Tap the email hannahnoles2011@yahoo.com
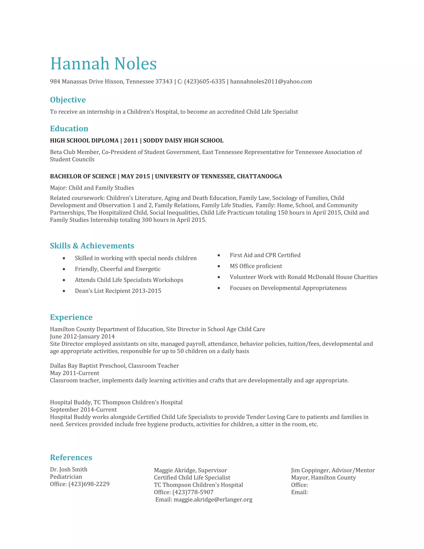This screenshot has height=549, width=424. pos(271,81)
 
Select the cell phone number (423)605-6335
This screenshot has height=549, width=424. pos(205,81)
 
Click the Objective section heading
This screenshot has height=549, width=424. pos(68,100)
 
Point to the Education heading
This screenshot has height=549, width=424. pos(69,128)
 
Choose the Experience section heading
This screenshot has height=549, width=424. pos(71,317)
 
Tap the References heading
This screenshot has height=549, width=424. pos(71,457)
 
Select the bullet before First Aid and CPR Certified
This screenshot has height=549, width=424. pos(219,255)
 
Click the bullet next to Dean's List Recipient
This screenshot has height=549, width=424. pos(64,291)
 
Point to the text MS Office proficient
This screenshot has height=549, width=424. pos(256,266)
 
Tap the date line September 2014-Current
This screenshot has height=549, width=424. pos(83,410)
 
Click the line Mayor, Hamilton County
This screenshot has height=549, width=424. pos(323,477)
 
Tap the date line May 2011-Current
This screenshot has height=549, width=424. pos(75,373)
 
